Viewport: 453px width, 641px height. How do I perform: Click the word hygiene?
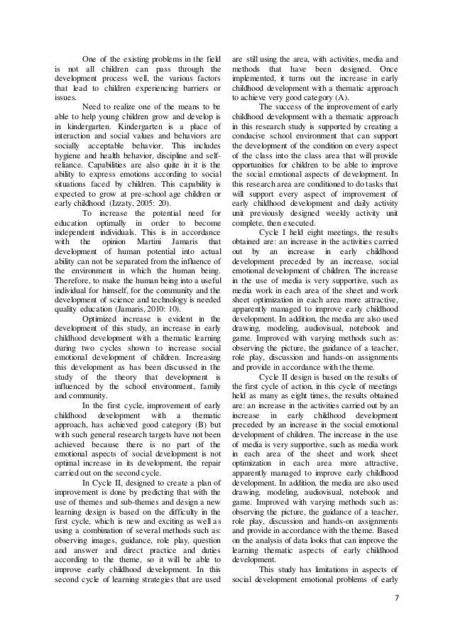tap(68, 153)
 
